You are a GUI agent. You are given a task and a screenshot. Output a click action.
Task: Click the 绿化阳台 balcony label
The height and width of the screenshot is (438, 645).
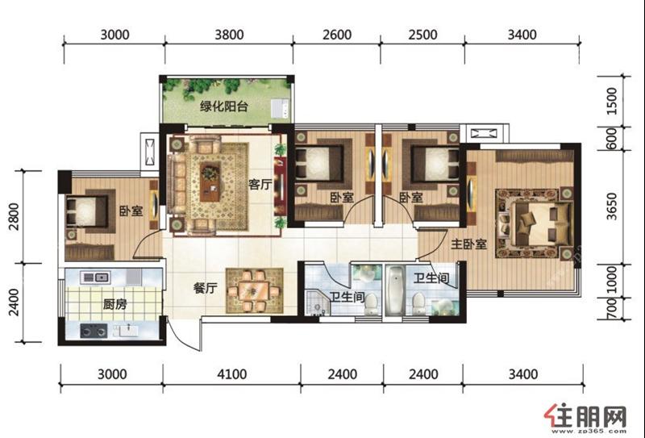224,106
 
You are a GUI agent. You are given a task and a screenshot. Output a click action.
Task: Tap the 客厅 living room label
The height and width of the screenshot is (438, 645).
260,184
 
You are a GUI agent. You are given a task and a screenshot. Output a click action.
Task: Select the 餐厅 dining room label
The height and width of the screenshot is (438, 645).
205,288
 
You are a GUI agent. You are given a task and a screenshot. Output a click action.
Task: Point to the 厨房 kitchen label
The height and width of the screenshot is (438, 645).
114,305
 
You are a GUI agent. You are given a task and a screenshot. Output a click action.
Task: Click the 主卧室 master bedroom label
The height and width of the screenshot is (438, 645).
468,244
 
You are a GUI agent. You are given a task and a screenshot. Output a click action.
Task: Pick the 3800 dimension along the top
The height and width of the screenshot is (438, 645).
229,35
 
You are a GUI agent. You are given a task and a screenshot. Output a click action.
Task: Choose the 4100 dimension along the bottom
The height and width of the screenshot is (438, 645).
232,374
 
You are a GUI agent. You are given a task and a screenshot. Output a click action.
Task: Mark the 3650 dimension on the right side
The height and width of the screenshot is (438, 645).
612,206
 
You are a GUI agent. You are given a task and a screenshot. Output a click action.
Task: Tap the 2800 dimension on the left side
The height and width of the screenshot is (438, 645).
14,216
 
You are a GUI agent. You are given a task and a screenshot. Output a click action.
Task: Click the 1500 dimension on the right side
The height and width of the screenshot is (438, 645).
612,102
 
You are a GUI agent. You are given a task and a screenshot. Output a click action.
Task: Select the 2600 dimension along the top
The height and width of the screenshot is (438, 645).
337,35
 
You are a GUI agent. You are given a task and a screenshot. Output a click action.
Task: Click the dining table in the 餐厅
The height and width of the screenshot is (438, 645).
254,291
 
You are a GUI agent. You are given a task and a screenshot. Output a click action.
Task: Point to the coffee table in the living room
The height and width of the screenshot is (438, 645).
210,182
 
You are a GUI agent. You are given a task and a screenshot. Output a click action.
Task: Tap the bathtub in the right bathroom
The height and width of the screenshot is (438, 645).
395,290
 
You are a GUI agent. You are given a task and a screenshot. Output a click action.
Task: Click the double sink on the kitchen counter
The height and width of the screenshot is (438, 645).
95,277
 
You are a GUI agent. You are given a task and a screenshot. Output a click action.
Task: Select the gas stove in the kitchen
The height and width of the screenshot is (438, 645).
94,331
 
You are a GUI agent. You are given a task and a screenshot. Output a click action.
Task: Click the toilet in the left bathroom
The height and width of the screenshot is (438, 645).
372,303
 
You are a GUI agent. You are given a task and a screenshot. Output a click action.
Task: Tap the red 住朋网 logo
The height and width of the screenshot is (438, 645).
585,417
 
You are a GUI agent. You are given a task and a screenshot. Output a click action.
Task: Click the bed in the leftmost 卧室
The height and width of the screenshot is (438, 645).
87,211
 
